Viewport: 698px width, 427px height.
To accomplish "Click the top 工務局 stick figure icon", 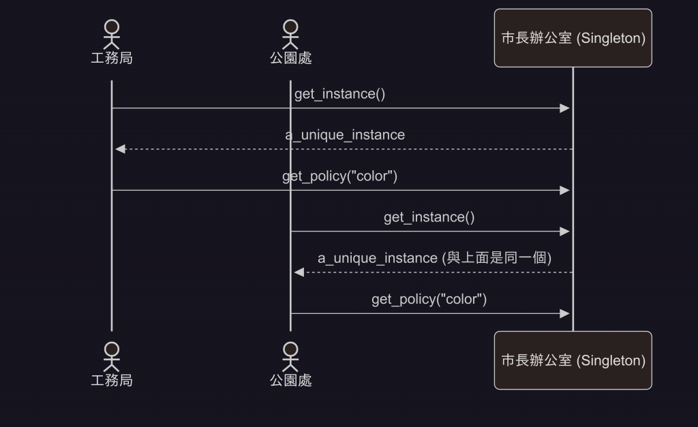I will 111,34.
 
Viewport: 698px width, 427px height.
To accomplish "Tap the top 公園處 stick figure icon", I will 291,34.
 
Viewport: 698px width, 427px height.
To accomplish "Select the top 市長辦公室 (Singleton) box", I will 573,38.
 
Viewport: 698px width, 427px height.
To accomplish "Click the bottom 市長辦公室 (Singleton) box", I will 573,360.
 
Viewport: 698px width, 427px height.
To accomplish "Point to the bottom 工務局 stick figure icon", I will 111,356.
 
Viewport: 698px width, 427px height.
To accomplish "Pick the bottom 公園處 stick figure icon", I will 291,356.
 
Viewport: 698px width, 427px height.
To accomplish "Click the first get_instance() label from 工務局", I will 339,94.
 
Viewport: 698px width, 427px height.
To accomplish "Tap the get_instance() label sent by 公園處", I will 429,217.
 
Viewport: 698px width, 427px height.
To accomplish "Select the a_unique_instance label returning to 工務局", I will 344,135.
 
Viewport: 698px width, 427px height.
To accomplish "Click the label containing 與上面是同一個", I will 434,258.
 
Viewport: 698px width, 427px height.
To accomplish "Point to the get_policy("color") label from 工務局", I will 339,176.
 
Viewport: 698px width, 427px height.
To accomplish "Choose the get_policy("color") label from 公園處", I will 429,299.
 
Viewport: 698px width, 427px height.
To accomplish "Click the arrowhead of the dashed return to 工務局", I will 120,149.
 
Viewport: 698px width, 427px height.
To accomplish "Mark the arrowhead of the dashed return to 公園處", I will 299,272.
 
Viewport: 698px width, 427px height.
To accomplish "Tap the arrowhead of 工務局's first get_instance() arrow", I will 564,108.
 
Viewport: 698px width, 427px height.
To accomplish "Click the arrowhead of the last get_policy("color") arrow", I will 564,313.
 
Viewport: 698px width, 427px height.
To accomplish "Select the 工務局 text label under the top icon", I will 111,58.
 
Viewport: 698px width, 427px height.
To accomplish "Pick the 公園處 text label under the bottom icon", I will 291,380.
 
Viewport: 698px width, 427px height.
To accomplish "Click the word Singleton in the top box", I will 610,39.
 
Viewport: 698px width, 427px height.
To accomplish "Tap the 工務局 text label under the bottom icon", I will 111,380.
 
